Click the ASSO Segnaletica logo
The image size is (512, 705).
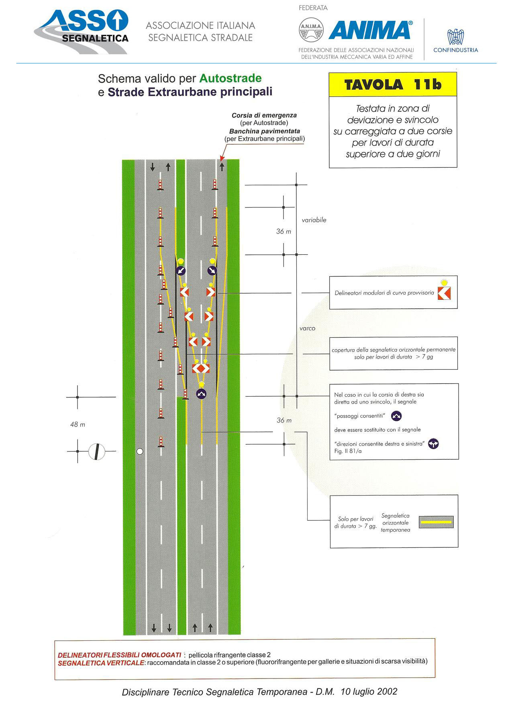82,31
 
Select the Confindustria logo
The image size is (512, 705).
456,41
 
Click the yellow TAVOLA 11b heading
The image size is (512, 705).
393,85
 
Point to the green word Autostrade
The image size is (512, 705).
231,78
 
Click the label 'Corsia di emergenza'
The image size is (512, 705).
264,115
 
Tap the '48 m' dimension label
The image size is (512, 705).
78,424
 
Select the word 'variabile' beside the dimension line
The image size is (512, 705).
314,220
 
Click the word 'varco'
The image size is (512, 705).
308,328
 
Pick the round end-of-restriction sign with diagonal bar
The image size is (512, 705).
96,452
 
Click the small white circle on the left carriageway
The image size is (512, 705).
140,451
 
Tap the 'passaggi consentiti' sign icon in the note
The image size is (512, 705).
396,416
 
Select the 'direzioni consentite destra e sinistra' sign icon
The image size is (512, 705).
433,444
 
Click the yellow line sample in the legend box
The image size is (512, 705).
436,522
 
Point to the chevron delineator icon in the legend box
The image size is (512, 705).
444,293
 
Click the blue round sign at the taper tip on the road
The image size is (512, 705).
201,394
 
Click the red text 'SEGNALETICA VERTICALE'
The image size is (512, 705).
101,663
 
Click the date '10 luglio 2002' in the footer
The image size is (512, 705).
369,692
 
